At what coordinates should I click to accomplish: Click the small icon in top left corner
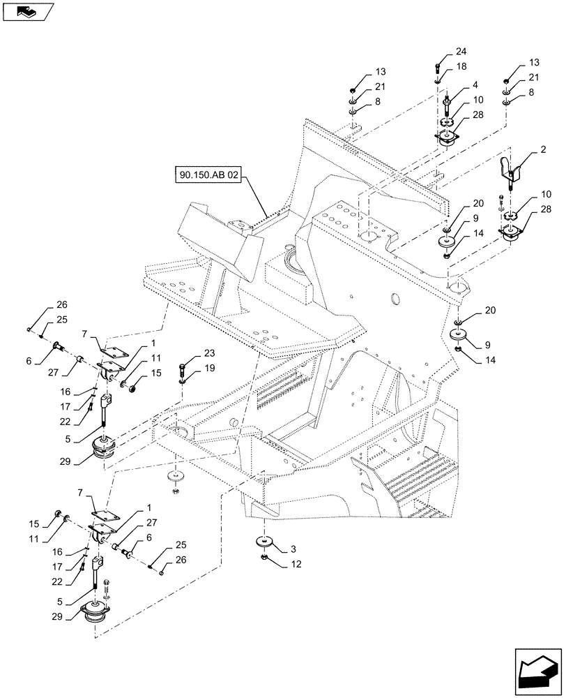26,10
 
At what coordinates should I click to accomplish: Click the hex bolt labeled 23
181,366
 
